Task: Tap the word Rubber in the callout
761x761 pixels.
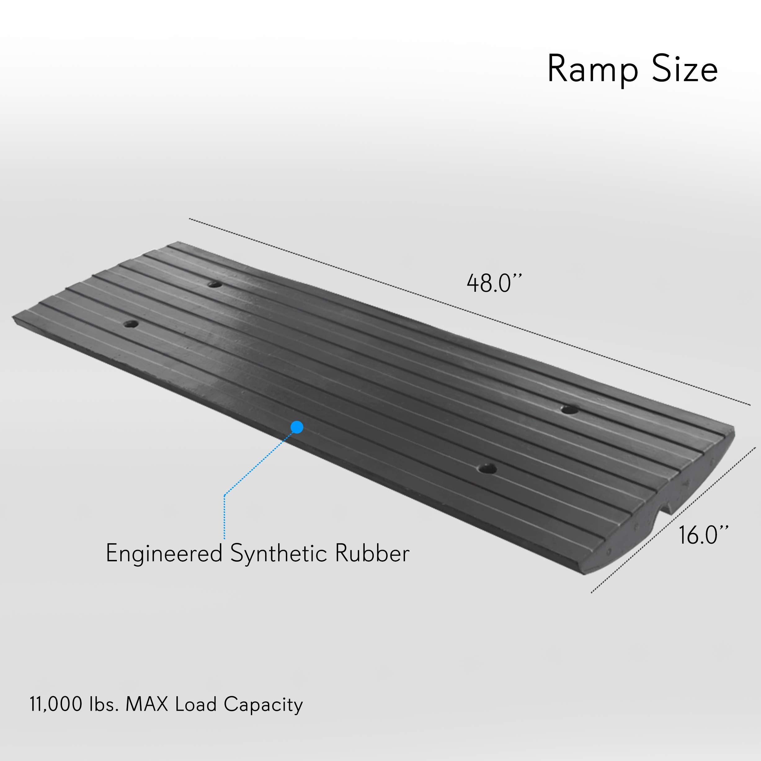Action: pyautogui.click(x=372, y=553)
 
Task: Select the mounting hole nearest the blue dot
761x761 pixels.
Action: pyautogui.click(x=487, y=469)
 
